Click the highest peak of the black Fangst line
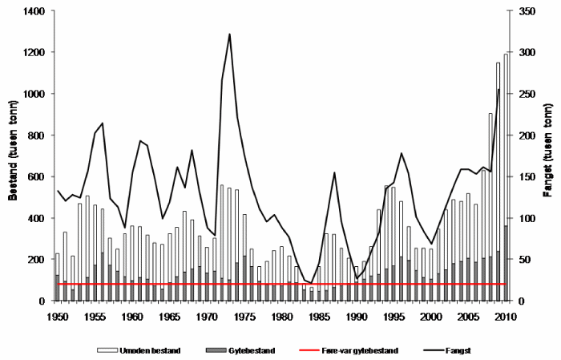(x=230, y=34)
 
